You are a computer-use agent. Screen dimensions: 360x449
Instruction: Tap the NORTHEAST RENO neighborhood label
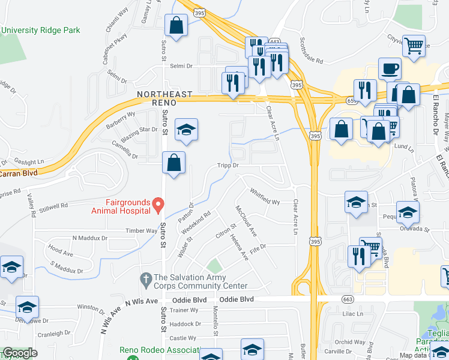pyautogui.click(x=164, y=99)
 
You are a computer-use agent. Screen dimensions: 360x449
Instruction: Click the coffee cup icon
pyautogui.click(x=390, y=69)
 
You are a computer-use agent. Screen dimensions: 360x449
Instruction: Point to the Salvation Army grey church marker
pyautogui.click(x=145, y=279)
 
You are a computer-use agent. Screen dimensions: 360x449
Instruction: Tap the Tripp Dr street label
pyautogui.click(x=228, y=165)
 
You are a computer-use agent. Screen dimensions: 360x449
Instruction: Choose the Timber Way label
pyautogui.click(x=140, y=230)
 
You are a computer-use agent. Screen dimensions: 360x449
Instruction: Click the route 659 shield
pyautogui.click(x=351, y=101)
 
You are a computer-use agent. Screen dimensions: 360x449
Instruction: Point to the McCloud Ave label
pyautogui.click(x=246, y=220)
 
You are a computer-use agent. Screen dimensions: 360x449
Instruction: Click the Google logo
pyautogui.click(x=19, y=353)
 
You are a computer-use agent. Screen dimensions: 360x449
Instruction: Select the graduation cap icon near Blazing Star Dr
pyautogui.click(x=186, y=129)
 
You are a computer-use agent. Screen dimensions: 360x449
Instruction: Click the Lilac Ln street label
pyautogui.click(x=353, y=314)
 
